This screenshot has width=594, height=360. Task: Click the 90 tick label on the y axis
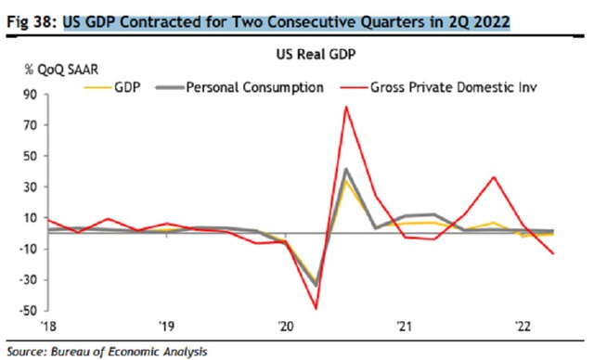pyautogui.click(x=31, y=95)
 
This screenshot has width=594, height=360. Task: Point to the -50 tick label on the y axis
pyautogui.click(x=28, y=311)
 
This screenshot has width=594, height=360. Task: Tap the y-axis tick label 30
pyautogui.click(x=31, y=187)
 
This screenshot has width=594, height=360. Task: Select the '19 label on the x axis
pyautogui.click(x=166, y=326)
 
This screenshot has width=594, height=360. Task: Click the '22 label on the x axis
pyautogui.click(x=523, y=326)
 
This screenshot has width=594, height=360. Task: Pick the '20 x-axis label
pyautogui.click(x=285, y=326)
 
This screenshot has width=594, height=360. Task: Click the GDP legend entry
pyautogui.click(x=112, y=87)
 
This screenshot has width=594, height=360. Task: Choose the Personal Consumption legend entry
pyautogui.click(x=239, y=87)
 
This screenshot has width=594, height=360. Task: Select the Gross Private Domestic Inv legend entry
pyautogui.click(x=439, y=87)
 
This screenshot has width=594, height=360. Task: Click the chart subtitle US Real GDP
pyautogui.click(x=316, y=55)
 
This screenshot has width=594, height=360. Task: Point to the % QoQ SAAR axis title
pyautogui.click(x=61, y=70)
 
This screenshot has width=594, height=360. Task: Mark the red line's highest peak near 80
pyautogui.click(x=346, y=107)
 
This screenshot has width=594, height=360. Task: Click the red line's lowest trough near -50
pyautogui.click(x=316, y=309)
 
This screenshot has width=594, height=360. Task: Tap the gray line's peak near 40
pyautogui.click(x=345, y=169)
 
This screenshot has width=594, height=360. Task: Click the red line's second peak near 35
pyautogui.click(x=494, y=177)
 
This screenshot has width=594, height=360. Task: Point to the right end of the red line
pyautogui.click(x=553, y=253)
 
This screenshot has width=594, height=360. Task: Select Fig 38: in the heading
pyautogui.click(x=32, y=22)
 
